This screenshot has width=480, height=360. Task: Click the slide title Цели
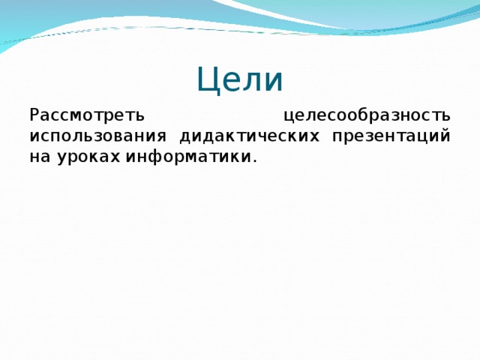[x=240, y=79]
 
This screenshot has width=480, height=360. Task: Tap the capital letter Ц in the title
[x=208, y=79]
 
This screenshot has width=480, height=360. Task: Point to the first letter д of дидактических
[x=185, y=138]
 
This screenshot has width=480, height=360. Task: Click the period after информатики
[x=254, y=162]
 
